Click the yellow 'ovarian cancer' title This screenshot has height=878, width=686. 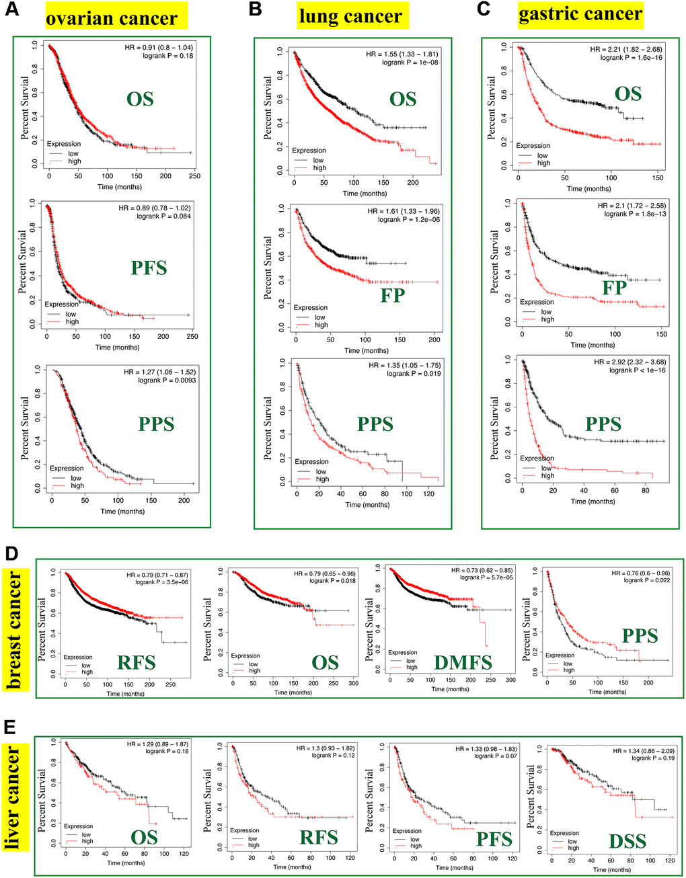[x=112, y=17]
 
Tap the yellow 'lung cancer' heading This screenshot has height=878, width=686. [x=350, y=16]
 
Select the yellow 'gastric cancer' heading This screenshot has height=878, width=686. [x=580, y=14]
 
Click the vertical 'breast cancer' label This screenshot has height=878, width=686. [x=15, y=629]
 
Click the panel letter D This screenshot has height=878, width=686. [x=11, y=553]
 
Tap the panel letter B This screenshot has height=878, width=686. [x=255, y=9]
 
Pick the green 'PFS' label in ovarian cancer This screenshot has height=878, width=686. [x=149, y=268]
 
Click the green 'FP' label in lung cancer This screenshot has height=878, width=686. [x=393, y=294]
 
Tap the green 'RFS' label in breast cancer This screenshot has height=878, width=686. [x=137, y=664]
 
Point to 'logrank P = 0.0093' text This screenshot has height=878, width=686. [x=165, y=380]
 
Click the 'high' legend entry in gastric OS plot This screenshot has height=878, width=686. [x=543, y=163]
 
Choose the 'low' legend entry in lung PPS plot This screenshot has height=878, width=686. [x=321, y=471]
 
